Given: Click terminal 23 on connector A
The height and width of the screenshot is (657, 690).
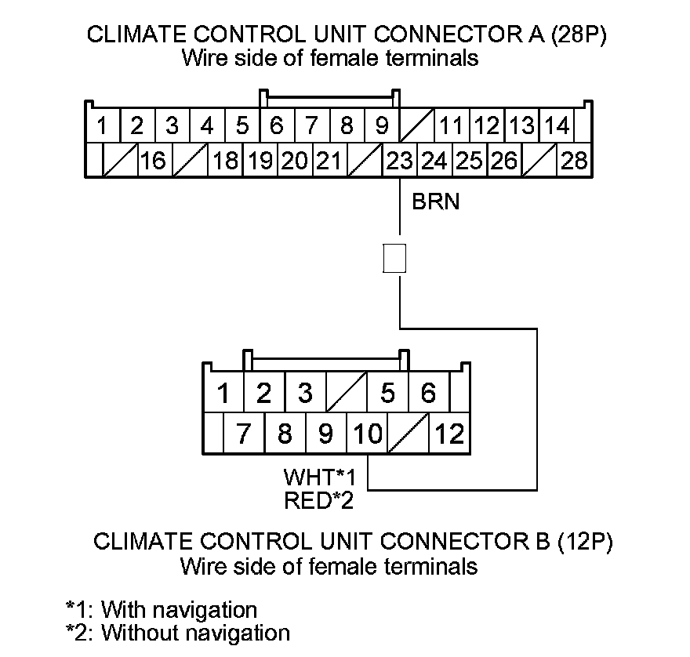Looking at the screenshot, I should pyautogui.click(x=400, y=161).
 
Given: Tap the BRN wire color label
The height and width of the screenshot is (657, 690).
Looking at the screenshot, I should pyautogui.click(x=436, y=202).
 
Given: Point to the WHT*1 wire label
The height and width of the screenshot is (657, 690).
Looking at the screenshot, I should pyautogui.click(x=320, y=477).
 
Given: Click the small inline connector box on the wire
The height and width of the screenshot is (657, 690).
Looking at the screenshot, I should pyautogui.click(x=394, y=258).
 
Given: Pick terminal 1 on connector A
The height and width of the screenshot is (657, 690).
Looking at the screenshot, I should pyautogui.click(x=102, y=125).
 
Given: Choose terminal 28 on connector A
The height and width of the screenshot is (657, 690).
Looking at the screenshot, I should pyautogui.click(x=575, y=161).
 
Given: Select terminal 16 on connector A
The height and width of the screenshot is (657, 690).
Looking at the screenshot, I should pyautogui.click(x=154, y=161).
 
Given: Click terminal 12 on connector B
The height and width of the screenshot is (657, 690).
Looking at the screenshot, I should pyautogui.click(x=449, y=434).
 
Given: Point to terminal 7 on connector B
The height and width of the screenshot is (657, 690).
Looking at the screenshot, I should pyautogui.click(x=243, y=434).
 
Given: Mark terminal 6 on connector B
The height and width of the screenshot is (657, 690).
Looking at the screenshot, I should pyautogui.click(x=428, y=393).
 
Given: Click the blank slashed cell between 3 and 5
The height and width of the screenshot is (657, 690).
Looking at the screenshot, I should pyautogui.click(x=346, y=393).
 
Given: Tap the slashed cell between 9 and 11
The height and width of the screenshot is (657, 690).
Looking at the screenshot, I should pyautogui.click(x=417, y=125).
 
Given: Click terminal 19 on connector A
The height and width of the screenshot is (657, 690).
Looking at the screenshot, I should pyautogui.click(x=260, y=161).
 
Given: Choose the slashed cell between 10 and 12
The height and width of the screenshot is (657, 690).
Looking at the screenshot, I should pyautogui.click(x=409, y=434).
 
